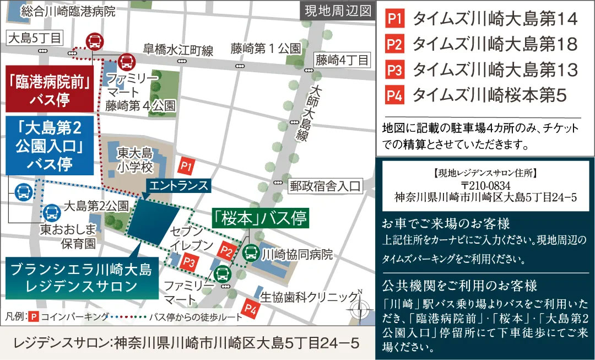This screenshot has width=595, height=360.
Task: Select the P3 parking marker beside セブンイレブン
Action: click(x=189, y=260)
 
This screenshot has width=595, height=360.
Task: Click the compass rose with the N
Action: click(x=360, y=310)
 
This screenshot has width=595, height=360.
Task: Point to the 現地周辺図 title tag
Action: click(x=337, y=12)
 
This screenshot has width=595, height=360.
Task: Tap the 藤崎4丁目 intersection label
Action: click(x=342, y=60)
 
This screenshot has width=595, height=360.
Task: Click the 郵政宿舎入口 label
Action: click(x=326, y=186)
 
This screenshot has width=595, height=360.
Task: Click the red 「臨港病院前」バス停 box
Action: click(x=48, y=90)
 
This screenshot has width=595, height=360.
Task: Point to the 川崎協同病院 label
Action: click(x=298, y=255)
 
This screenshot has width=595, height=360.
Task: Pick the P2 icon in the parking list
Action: click(x=395, y=44)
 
